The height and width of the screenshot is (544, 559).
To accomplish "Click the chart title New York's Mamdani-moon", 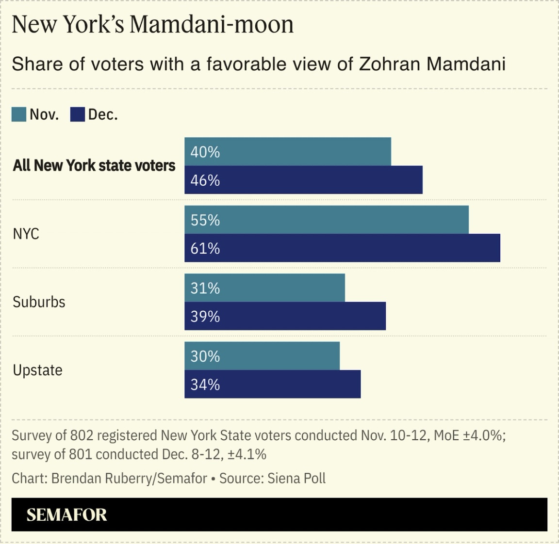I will [152, 24].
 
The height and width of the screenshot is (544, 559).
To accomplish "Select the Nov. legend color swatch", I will [19, 114].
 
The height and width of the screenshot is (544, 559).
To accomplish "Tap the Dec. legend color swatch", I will [78, 114].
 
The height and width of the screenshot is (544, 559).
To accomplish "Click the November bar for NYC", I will [326, 220].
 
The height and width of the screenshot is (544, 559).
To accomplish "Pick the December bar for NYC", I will [342, 248].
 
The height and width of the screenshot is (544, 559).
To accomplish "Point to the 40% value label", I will [205, 152].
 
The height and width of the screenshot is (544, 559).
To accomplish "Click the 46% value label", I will [205, 180].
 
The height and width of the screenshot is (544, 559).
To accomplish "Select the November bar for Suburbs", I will [264, 288].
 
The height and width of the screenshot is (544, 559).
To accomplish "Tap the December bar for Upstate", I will [272, 384].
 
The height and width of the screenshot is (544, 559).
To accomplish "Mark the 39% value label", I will [205, 316].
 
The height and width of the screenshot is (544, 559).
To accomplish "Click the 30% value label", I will [205, 356].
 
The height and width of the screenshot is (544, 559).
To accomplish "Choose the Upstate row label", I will [37, 370].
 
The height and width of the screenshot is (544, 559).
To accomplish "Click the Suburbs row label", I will [39, 302].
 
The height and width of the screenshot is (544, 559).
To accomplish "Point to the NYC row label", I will [26, 234].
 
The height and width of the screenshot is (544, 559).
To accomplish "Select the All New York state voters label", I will [94, 165].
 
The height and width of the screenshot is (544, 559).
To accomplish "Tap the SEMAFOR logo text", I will [66, 514].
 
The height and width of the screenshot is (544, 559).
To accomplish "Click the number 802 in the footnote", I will [82, 435].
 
